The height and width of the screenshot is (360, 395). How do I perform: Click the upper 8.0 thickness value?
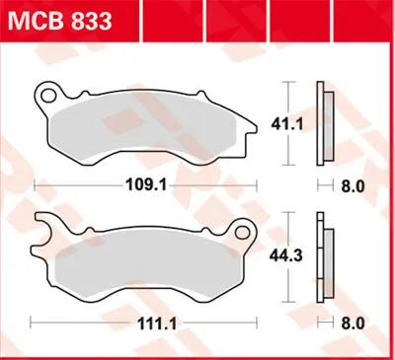(353, 183)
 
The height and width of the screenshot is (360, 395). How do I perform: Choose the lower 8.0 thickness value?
(353, 322)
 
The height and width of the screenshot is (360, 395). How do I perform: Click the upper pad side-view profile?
(322, 124)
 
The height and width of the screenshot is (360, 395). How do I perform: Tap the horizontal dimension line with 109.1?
(79, 183)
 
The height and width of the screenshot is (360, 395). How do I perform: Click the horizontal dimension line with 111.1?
(79, 322)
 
